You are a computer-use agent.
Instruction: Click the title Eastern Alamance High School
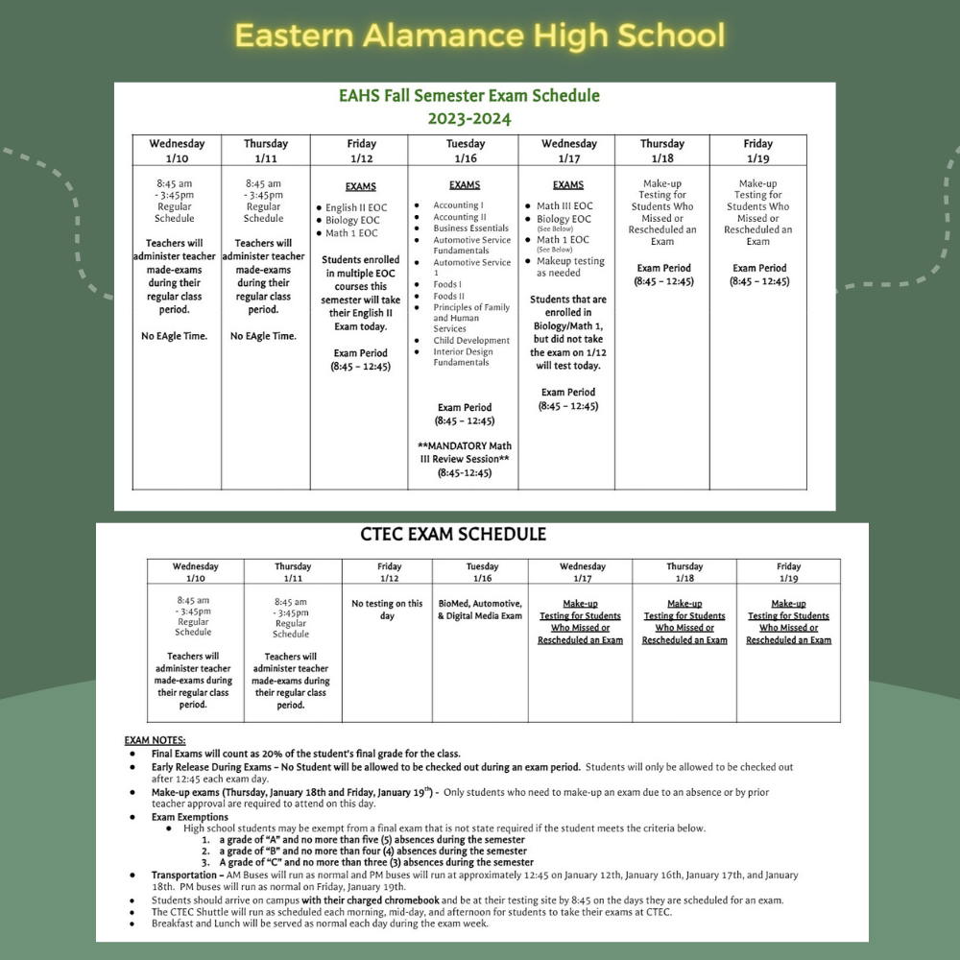coord(479,36)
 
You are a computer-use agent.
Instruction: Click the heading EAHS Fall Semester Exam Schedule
coord(469,96)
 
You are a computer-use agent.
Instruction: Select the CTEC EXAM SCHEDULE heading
coord(453,535)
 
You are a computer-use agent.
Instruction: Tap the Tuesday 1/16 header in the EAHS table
coord(466,151)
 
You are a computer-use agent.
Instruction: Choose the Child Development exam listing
coord(471,341)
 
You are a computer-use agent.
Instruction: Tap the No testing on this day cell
coord(387,610)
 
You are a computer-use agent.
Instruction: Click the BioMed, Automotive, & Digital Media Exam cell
coord(480,610)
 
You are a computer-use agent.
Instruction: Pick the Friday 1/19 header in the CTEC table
coord(788,572)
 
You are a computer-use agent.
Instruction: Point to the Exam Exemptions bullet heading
coord(190,817)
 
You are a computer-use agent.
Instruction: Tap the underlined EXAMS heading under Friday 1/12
coord(361,186)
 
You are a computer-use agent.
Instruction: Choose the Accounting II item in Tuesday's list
coord(460,217)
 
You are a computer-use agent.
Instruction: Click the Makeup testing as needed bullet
coord(570,267)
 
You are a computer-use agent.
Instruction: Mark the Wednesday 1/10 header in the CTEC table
coord(195,572)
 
